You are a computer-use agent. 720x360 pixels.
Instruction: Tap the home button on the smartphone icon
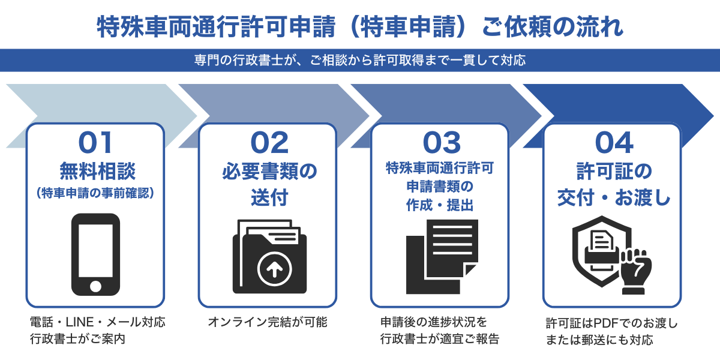95,285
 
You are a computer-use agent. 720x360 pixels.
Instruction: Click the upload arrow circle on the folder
274,271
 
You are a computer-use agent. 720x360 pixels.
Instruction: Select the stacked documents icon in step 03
442,256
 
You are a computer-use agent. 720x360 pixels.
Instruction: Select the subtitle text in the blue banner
360,60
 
